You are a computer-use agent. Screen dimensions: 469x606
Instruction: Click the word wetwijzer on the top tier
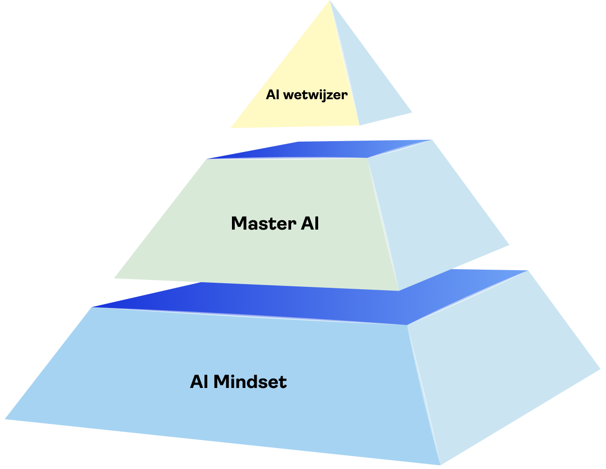pyautogui.click(x=315, y=95)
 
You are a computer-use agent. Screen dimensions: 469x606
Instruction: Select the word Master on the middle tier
pyautogui.click(x=264, y=224)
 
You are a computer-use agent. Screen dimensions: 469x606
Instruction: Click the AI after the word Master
pyautogui.click(x=310, y=224)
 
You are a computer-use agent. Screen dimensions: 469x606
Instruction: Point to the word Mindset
pyautogui.click(x=250, y=382)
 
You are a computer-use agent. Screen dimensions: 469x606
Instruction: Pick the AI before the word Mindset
pyautogui.click(x=199, y=382)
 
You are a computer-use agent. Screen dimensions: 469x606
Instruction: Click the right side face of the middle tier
pyautogui.click(x=438, y=214)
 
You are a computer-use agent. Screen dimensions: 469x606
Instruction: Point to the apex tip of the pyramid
pyautogui.click(x=330, y=1)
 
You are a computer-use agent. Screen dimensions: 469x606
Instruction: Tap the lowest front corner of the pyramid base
pyautogui.click(x=440, y=464)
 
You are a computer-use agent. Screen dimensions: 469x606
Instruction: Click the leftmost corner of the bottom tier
pyautogui.click(x=5, y=419)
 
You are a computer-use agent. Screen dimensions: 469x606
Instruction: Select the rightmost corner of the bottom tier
pyautogui.click(x=600, y=370)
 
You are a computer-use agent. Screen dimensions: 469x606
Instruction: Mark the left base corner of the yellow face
pyautogui.click(x=231, y=128)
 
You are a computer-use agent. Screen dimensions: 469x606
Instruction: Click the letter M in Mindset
pyautogui.click(x=221, y=382)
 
